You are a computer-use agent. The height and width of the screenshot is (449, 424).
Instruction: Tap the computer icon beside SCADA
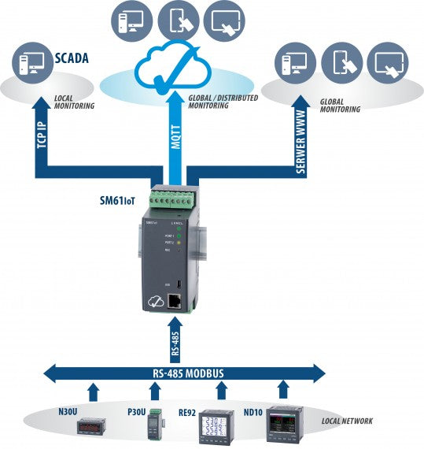tap(35, 65)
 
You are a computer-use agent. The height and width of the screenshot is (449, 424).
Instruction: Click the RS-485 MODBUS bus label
tap(186, 373)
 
